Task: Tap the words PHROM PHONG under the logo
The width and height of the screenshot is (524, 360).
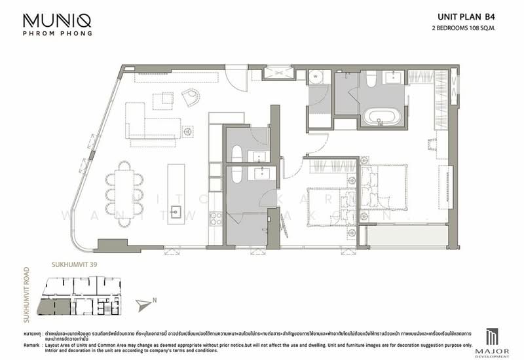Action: coord(58,33)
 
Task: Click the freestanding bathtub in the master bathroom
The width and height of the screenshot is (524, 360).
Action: coord(381,119)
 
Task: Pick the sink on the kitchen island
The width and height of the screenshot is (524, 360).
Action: coord(176,211)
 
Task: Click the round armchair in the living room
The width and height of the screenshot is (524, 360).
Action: coord(191,97)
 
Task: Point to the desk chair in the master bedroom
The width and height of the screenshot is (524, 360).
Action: coord(432,140)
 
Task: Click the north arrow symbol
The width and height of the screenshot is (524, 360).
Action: coord(145,302)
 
